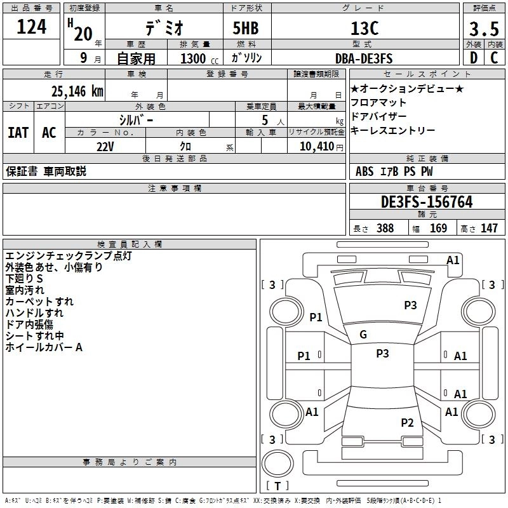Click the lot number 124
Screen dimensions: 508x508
pos(32,27)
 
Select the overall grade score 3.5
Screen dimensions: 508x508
pos(483,29)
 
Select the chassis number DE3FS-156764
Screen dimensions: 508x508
pos(427,202)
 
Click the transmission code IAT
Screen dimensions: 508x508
pos(18,133)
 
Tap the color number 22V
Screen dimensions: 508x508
pos(105,146)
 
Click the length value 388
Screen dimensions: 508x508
pos(385,229)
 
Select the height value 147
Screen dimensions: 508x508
pos(489,229)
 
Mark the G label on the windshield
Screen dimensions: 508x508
pos(363,335)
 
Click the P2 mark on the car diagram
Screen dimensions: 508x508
pos(407,423)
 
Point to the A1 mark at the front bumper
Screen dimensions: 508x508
pos(453,260)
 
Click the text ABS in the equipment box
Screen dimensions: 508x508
pos(364,171)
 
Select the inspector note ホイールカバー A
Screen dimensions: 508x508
pos(44,348)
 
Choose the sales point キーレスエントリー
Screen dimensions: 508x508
pos(392,130)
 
